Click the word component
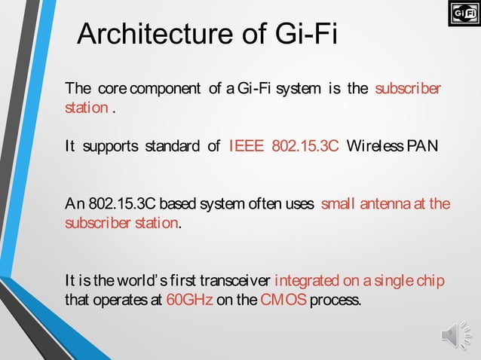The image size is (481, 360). click(173, 89)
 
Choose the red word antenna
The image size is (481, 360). click(384, 204)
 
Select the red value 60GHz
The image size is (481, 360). click(189, 300)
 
